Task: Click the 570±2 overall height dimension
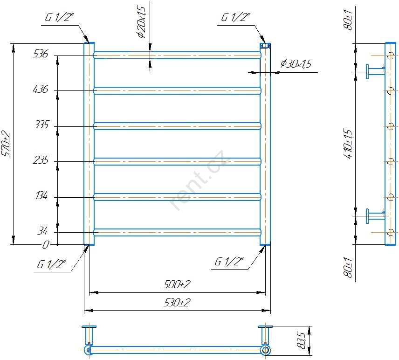pyautogui.click(x=6, y=144)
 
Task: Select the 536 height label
pyautogui.click(x=40, y=54)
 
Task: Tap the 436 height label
pyautogui.click(x=40, y=89)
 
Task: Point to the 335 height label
pyautogui.click(x=41, y=125)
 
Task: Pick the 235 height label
pyautogui.click(x=41, y=160)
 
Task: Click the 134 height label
pyautogui.click(x=41, y=195)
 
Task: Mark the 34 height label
pyautogui.click(x=42, y=231)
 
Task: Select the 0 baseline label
pyautogui.click(x=45, y=245)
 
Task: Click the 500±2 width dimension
pyautogui.click(x=177, y=284)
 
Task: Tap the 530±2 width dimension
pyautogui.click(x=177, y=303)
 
